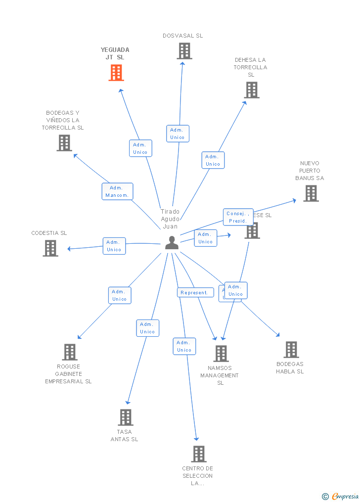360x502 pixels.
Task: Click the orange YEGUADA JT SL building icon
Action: coord(116,73)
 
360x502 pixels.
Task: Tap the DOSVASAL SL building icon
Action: coord(184,51)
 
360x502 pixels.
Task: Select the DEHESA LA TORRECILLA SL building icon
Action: coord(252,90)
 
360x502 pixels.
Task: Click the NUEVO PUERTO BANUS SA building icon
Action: coord(311,193)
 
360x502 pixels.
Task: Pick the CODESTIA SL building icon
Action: coord(50,248)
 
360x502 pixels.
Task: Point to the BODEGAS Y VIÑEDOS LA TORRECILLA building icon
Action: coord(64,143)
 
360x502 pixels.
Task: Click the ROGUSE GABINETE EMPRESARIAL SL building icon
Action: coord(70,352)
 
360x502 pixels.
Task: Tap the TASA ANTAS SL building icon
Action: coord(126,417)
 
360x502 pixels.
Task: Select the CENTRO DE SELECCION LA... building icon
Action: coord(198,454)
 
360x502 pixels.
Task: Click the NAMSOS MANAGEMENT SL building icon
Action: coord(221,354)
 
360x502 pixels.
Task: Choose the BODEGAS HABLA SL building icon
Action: coord(291,350)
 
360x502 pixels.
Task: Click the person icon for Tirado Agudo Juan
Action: coord(172,243)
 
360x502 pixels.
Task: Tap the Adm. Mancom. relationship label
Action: coord(117,191)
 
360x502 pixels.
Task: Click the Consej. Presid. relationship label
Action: coord(237,217)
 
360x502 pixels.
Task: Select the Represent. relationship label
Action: coord(194,293)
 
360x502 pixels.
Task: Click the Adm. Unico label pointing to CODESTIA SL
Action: coord(114,246)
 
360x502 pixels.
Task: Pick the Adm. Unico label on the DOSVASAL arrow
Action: coord(178,134)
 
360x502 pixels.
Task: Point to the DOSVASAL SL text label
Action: coord(183,36)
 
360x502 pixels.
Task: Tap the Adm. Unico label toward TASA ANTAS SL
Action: coord(147,328)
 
